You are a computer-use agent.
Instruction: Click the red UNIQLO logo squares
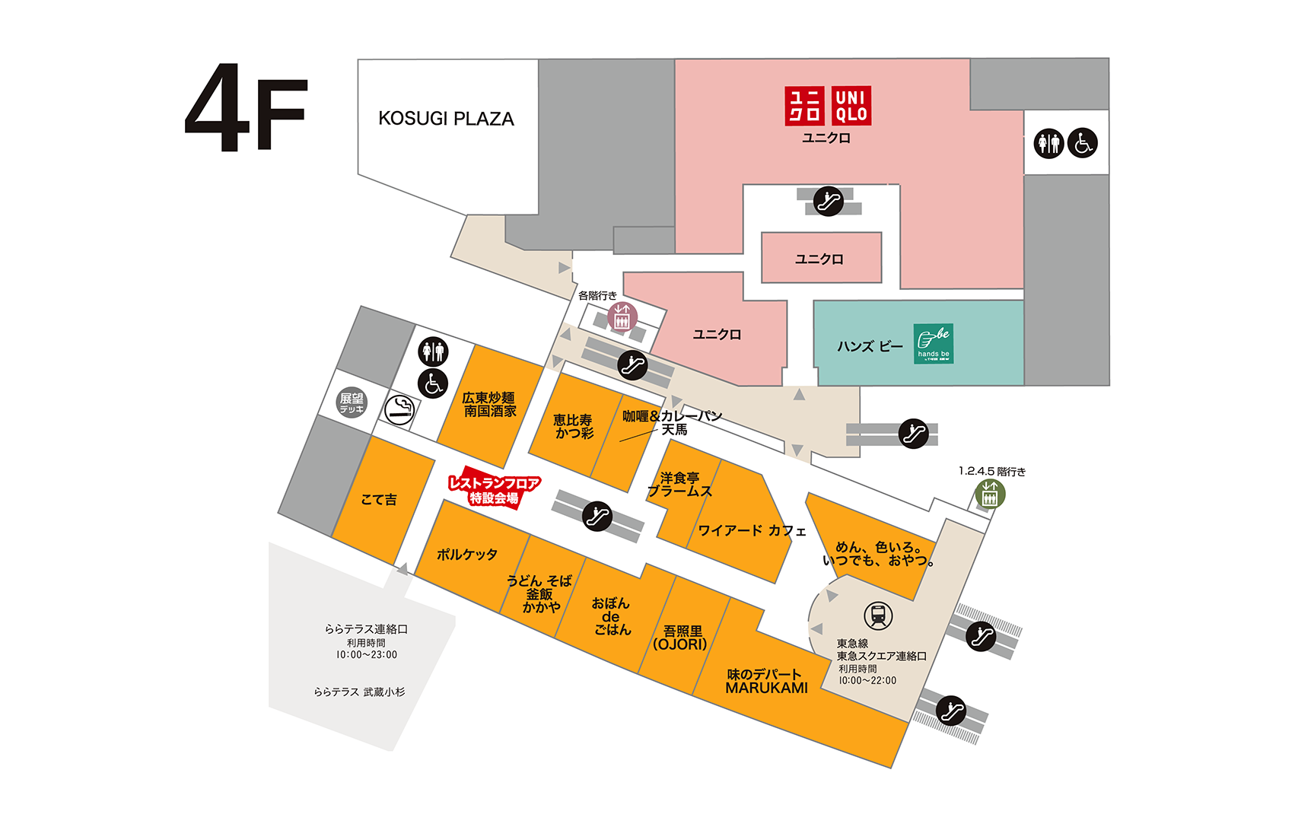[828, 105]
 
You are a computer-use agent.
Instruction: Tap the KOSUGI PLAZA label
[446, 119]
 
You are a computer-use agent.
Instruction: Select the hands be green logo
[933, 344]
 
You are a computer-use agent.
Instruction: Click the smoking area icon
[399, 410]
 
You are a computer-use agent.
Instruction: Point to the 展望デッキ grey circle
[352, 402]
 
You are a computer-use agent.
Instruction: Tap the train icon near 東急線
[878, 615]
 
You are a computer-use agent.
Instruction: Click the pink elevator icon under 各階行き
[622, 317]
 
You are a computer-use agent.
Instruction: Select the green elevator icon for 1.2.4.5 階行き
[990, 495]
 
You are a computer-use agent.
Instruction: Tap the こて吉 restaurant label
[379, 499]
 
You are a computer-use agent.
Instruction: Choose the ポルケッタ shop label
[466, 555]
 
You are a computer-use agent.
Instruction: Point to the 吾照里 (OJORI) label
[680, 638]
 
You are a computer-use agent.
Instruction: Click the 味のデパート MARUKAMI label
[766, 682]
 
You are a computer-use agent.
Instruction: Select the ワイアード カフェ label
[752, 530]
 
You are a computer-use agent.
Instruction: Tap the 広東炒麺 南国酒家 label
[489, 405]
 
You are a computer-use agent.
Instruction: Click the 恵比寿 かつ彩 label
[574, 427]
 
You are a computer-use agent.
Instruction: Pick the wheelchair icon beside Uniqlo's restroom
[1082, 143]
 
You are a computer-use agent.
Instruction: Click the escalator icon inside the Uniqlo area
[828, 201]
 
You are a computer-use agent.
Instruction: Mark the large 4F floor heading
[246, 107]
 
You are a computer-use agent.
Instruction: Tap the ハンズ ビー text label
[870, 347]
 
